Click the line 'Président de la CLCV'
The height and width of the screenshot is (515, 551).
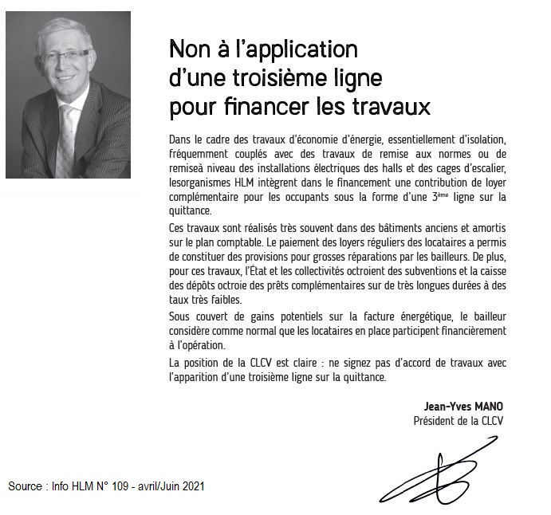click(459, 420)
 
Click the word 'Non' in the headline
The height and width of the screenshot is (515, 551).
click(188, 50)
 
